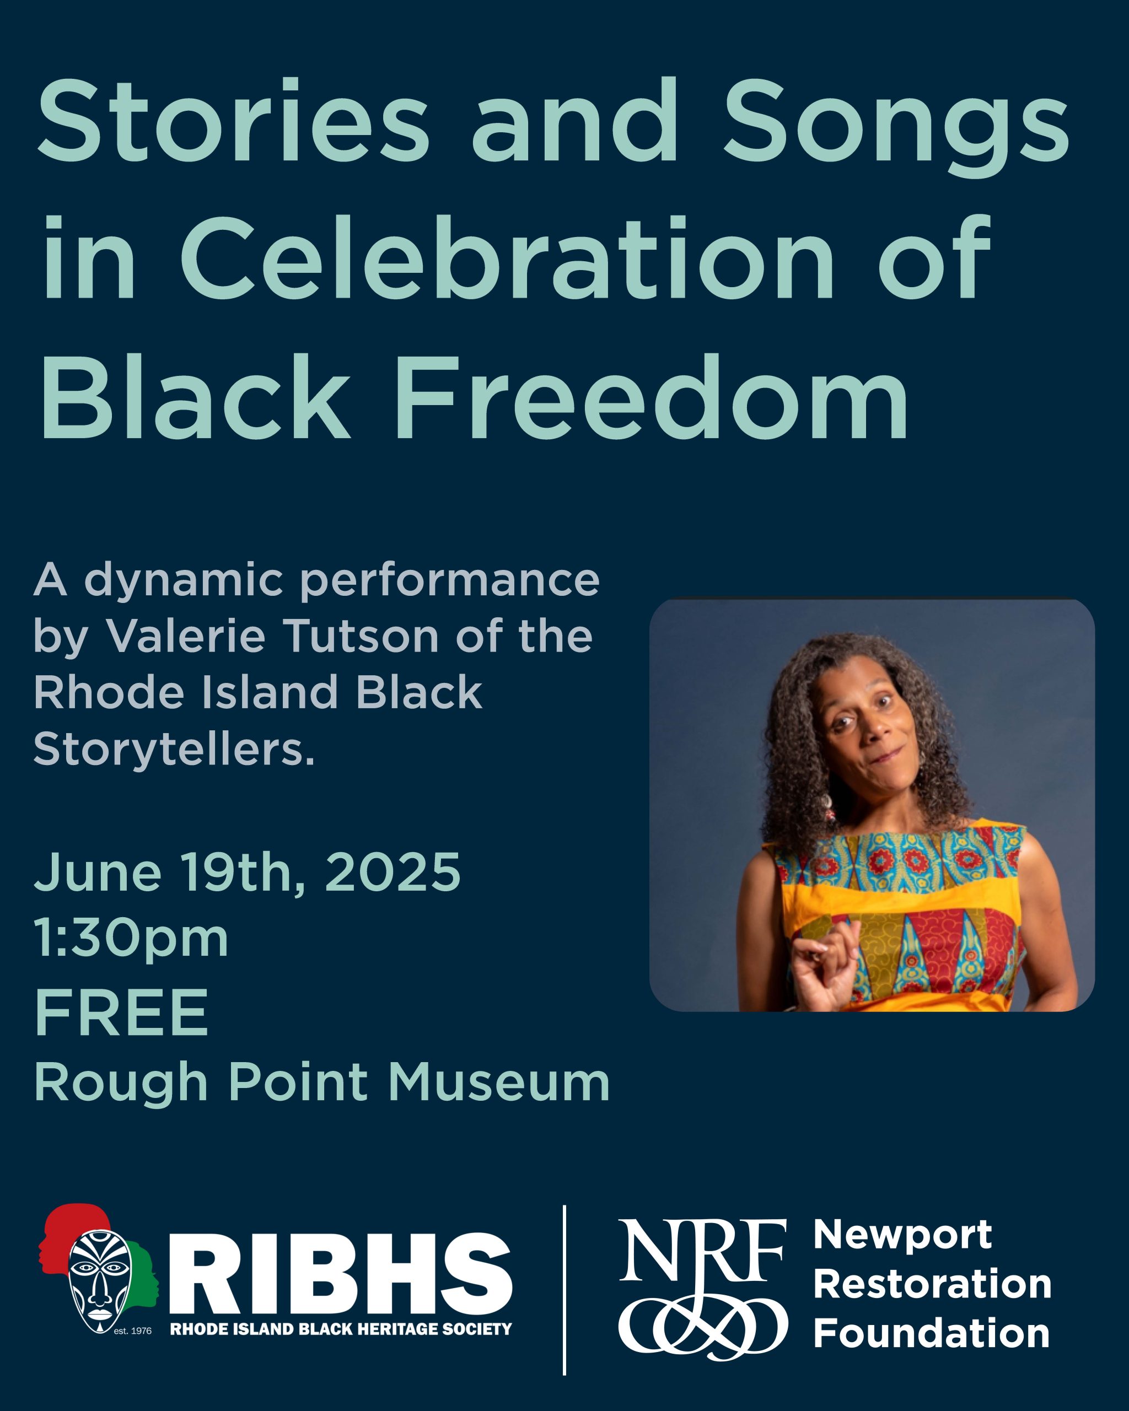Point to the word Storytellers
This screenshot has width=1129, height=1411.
pyautogui.click(x=174, y=748)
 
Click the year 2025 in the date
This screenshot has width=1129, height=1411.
pyautogui.click(x=392, y=872)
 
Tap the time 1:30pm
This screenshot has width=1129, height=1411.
pyautogui.click(x=131, y=939)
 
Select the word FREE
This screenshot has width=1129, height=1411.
pyautogui.click(x=121, y=1013)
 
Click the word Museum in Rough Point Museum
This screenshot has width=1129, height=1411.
pyautogui.click(x=499, y=1083)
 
